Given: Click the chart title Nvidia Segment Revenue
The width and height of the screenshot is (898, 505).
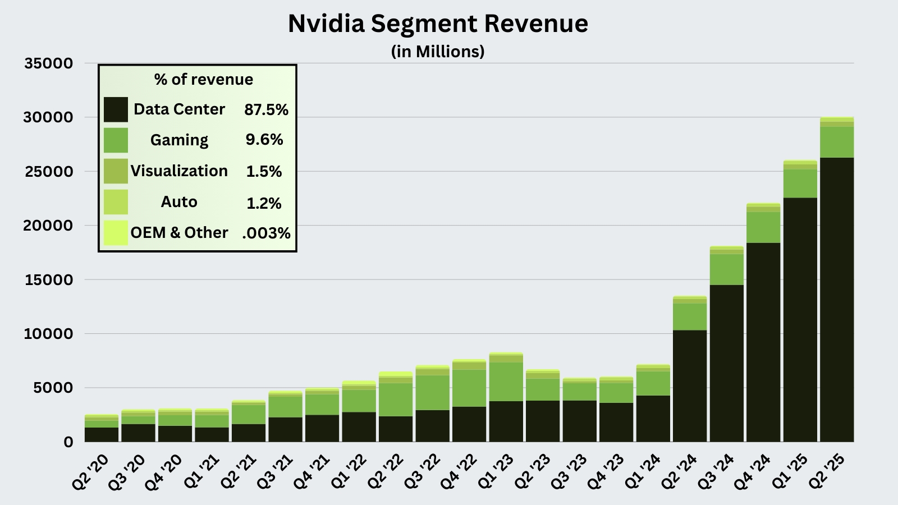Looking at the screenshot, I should click(438, 24).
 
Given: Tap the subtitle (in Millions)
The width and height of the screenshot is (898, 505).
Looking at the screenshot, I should click(438, 52).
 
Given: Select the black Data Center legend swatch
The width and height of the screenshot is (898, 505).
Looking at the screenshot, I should click(116, 109).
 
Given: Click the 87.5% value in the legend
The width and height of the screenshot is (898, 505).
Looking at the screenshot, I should click(266, 110).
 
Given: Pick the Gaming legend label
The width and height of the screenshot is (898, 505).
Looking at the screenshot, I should click(179, 140).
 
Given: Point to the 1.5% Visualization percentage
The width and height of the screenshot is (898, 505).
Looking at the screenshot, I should click(264, 172).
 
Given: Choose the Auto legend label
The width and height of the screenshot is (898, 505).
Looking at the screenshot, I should click(179, 202).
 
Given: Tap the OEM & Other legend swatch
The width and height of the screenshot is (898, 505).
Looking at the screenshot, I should click(116, 233).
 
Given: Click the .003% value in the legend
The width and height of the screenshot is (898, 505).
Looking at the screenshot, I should click(266, 233).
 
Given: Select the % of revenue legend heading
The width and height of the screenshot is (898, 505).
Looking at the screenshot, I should click(203, 80).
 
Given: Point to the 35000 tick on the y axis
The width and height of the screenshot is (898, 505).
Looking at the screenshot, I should click(49, 63).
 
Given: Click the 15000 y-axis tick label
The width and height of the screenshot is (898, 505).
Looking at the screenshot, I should click(49, 280).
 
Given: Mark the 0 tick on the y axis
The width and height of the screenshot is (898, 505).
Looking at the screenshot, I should click(68, 442).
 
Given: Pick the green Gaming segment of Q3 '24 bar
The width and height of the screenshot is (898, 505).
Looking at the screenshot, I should click(727, 269).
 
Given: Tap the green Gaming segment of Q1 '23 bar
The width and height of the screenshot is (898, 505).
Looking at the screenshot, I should click(506, 382).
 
